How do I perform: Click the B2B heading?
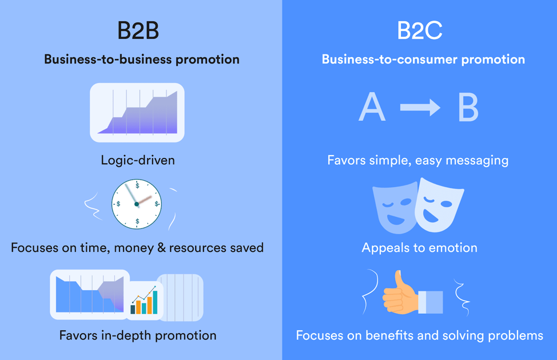click(x=138, y=30)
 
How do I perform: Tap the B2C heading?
click(x=420, y=30)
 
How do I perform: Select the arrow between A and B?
click(x=420, y=107)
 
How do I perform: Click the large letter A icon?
click(x=372, y=106)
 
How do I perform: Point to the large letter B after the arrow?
click(x=468, y=107)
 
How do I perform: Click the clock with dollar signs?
click(x=137, y=204)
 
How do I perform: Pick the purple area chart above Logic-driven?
click(x=137, y=113)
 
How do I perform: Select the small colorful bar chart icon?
click(x=144, y=300)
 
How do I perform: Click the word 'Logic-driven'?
click(x=138, y=160)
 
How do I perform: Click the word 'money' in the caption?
click(x=134, y=248)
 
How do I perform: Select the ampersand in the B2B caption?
click(x=162, y=248)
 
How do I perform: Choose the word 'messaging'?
click(x=477, y=161)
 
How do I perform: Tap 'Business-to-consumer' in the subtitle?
click(x=389, y=60)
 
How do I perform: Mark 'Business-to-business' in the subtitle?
click(x=108, y=60)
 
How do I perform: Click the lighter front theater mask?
click(x=439, y=205)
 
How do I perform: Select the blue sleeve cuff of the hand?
click(x=431, y=302)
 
